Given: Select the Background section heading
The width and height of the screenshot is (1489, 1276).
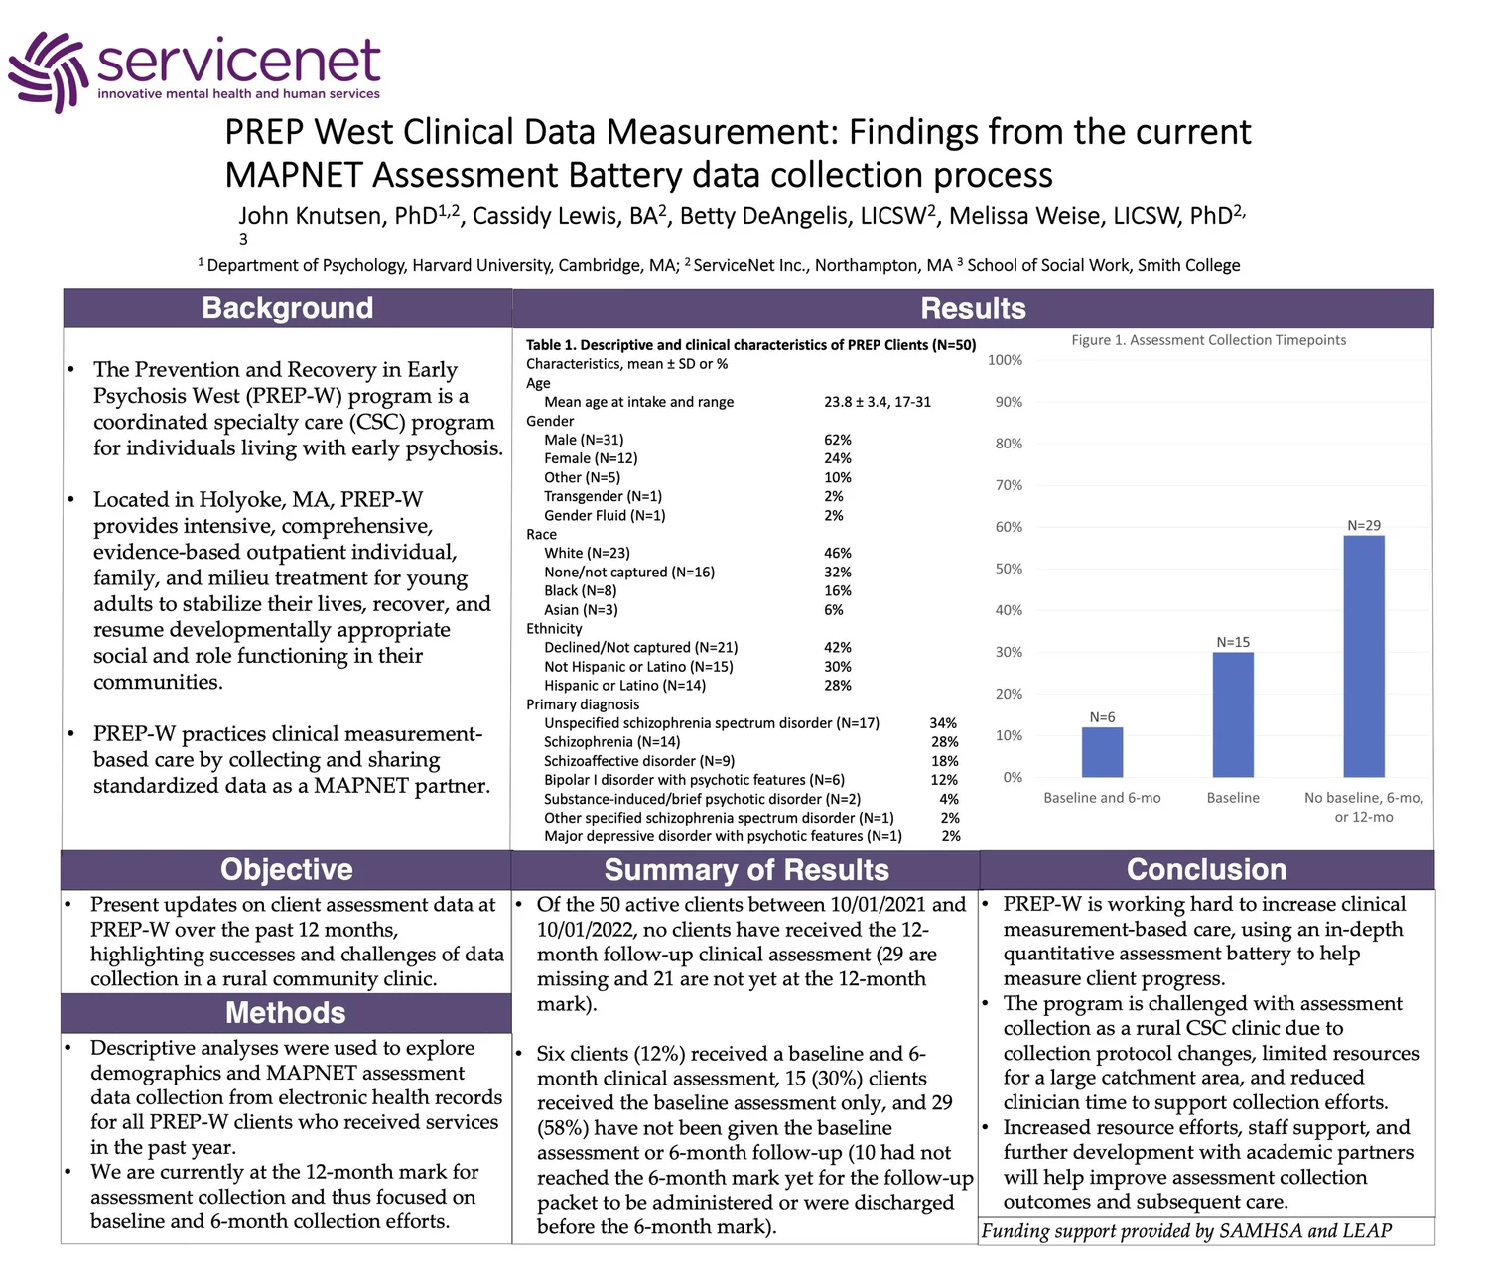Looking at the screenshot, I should pyautogui.click(x=287, y=308).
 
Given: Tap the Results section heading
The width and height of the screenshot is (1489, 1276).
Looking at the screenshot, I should pyautogui.click(x=973, y=308).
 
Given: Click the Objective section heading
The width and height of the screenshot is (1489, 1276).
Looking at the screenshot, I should pyautogui.click(x=286, y=869).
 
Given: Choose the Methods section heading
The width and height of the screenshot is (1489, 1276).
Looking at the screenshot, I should pyautogui.click(x=286, y=1012).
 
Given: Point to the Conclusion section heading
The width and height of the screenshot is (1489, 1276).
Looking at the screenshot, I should pyautogui.click(x=1206, y=869).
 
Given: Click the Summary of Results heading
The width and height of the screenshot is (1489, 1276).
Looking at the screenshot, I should pyautogui.click(x=746, y=870).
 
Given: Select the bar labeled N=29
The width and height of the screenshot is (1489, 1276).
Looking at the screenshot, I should pyautogui.click(x=1364, y=656).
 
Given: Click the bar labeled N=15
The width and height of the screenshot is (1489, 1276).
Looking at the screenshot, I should pyautogui.click(x=1233, y=714).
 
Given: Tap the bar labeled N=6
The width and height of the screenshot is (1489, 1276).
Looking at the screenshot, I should pyautogui.click(x=1102, y=752).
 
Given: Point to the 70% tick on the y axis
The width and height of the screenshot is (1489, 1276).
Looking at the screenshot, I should pyautogui.click(x=1009, y=485).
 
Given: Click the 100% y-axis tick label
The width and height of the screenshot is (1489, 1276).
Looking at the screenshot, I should pyautogui.click(x=1005, y=360).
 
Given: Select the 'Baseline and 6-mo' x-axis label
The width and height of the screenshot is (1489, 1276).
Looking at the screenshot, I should pyautogui.click(x=1102, y=798).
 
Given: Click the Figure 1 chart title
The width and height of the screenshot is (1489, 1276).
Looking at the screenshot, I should pyautogui.click(x=1208, y=340).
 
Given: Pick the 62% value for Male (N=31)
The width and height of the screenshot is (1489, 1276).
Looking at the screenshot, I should pyautogui.click(x=838, y=440).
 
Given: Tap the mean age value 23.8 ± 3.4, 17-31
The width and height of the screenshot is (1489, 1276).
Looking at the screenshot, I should pyautogui.click(x=878, y=402).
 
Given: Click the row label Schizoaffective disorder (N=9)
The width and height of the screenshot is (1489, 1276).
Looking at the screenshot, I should pyautogui.click(x=639, y=761).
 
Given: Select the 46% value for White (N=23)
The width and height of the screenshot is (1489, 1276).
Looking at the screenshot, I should pyautogui.click(x=838, y=553).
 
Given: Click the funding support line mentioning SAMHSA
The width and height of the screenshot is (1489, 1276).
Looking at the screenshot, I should pyautogui.click(x=1186, y=1231).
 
